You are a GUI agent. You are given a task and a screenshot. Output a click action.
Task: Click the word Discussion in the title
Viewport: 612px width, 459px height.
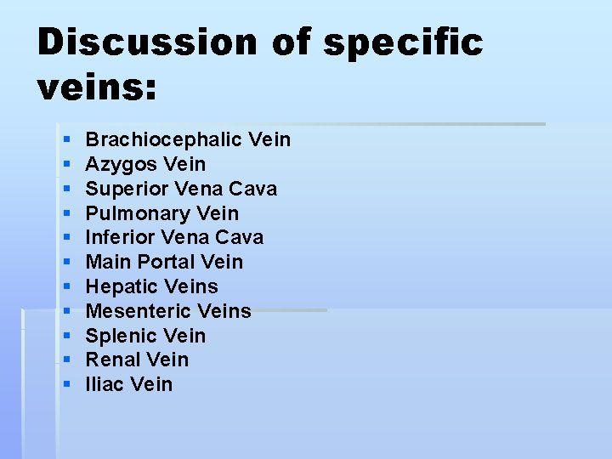click(x=146, y=42)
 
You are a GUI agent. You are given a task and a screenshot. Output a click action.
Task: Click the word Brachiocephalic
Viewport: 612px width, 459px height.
click(x=166, y=139)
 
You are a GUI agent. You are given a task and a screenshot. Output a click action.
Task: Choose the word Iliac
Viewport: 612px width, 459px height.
click(x=105, y=384)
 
